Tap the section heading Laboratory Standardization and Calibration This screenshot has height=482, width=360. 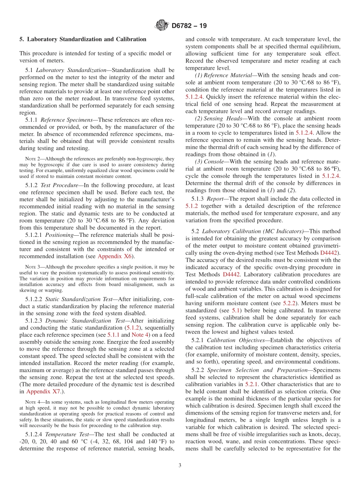click(83, 39)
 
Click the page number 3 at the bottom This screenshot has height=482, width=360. click(180, 465)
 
